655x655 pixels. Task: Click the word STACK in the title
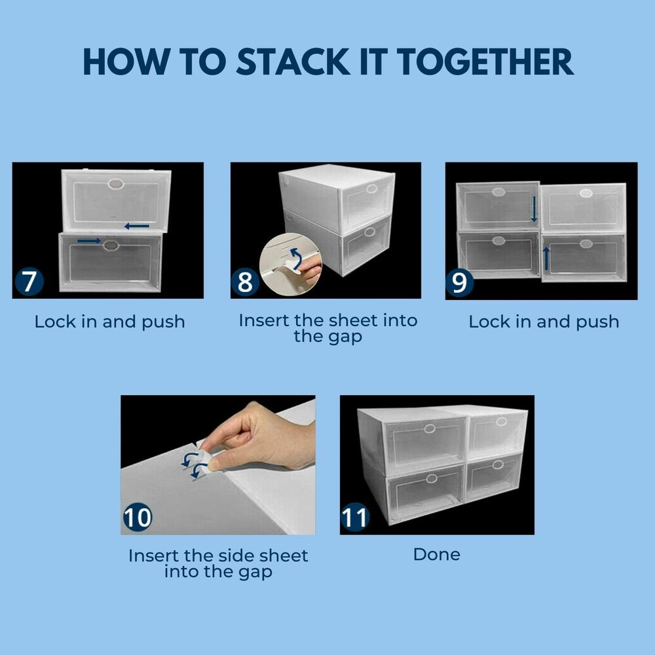tap(293, 62)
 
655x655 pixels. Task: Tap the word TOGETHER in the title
tap(485, 62)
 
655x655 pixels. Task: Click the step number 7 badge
tap(29, 282)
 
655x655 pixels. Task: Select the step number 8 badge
tap(245, 282)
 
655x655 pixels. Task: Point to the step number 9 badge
tap(460, 283)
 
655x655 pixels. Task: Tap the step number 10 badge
tap(138, 517)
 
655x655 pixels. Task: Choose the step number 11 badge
tap(354, 517)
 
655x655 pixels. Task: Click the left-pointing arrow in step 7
tap(137, 227)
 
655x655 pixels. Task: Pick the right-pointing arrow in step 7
tap(89, 240)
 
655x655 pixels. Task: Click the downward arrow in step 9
tap(534, 210)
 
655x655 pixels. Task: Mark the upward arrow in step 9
tap(546, 258)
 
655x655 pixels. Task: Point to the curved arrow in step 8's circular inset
tap(297, 259)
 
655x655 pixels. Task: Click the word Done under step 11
tap(436, 554)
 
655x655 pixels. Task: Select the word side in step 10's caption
tap(236, 556)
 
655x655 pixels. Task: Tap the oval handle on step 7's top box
tap(116, 184)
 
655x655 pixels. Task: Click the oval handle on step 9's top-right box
tap(586, 193)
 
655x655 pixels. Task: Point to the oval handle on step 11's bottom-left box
tap(431, 479)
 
